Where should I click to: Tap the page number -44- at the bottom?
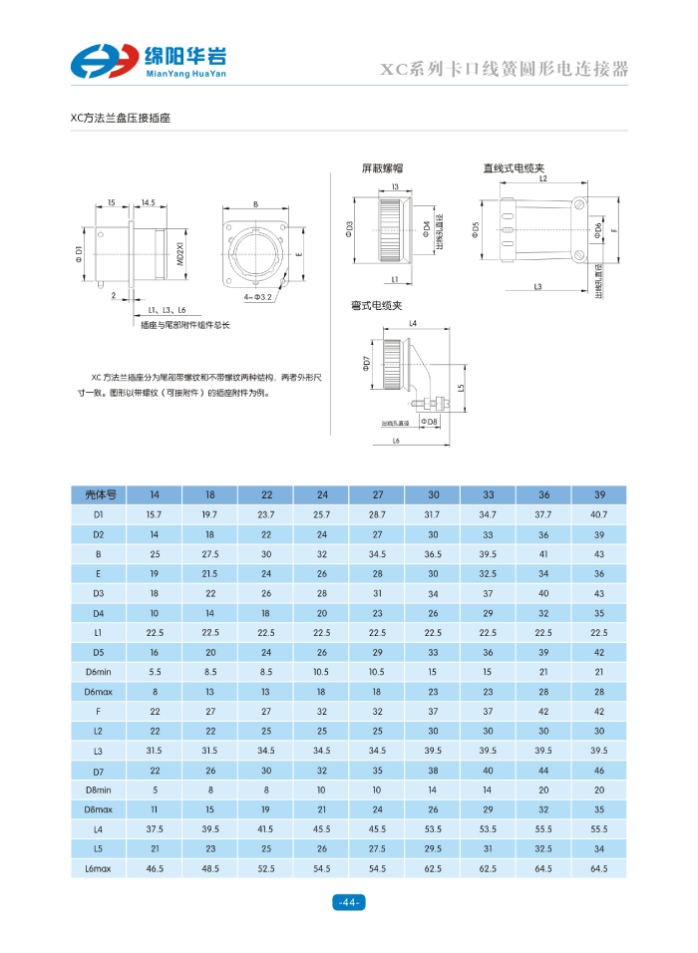click(x=349, y=903)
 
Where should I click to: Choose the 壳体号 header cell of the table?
click(x=100, y=494)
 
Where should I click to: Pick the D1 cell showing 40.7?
click(x=598, y=514)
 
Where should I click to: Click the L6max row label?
click(x=100, y=869)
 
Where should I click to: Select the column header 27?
click(x=377, y=494)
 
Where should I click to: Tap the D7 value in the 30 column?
click(x=433, y=771)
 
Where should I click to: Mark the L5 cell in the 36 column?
click(x=543, y=849)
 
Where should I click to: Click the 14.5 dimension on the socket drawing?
click(x=147, y=203)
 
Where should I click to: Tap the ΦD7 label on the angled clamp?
click(x=366, y=362)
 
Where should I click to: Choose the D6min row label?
click(x=100, y=672)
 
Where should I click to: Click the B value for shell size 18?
click(x=210, y=553)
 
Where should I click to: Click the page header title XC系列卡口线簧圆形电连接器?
click(x=506, y=70)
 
